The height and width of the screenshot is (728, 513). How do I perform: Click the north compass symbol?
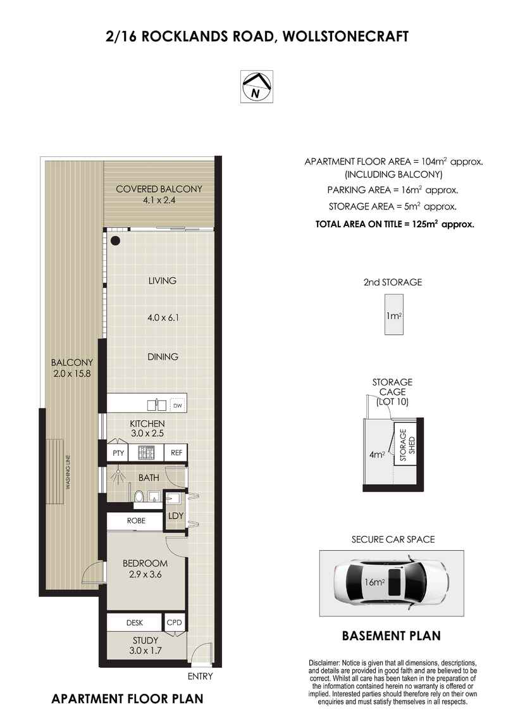(256, 86)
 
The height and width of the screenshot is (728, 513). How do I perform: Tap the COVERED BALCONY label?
(159, 189)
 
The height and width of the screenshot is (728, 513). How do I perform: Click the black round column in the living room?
(115, 241)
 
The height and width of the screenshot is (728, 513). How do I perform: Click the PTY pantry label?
(118, 453)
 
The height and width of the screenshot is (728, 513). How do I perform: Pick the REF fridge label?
(176, 453)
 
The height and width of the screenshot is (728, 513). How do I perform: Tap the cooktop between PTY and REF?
(147, 453)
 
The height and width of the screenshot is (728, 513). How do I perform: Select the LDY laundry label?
(175, 516)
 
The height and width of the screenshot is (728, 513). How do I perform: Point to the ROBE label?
(136, 521)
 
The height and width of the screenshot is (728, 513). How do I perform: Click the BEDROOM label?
(145, 563)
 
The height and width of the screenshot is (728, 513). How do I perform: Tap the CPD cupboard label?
(174, 623)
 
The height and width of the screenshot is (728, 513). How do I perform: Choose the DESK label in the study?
(135, 623)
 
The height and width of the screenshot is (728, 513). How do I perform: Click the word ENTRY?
(201, 677)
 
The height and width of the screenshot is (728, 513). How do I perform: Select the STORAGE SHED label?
(403, 447)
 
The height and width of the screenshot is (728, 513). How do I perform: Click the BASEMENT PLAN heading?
(391, 636)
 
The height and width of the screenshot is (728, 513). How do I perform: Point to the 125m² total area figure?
(425, 224)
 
